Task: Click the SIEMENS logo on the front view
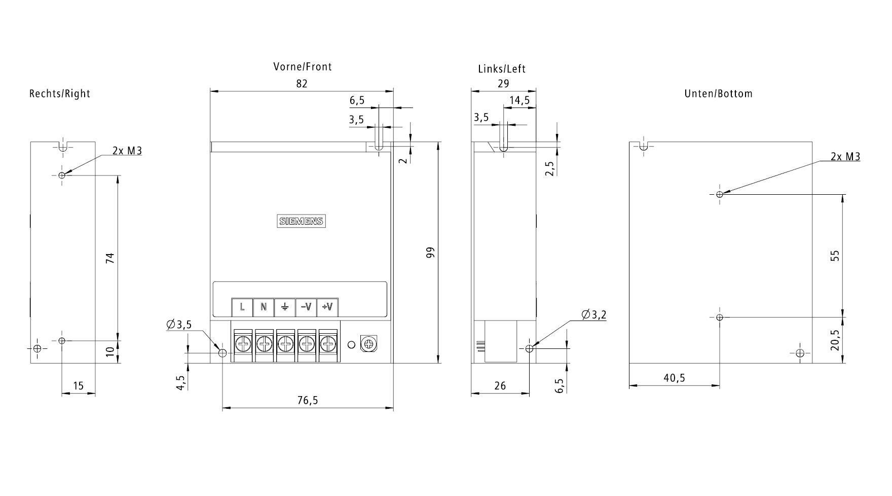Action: click(301, 221)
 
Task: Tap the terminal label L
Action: click(242, 307)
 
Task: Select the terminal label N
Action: click(264, 307)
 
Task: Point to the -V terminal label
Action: click(306, 307)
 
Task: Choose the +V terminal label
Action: click(328, 307)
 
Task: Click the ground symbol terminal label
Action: click(285, 307)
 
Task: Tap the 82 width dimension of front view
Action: click(302, 84)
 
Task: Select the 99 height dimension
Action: click(431, 253)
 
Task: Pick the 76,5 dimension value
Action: click(308, 401)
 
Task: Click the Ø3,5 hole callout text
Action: click(179, 325)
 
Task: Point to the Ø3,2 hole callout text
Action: click(594, 315)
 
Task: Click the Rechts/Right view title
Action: click(60, 94)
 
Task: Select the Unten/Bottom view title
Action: click(718, 94)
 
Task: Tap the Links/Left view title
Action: click(502, 69)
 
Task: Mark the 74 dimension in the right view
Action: click(110, 258)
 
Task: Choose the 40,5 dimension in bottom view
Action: click(674, 378)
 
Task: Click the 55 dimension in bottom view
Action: click(835, 256)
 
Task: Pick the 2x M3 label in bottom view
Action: click(845, 157)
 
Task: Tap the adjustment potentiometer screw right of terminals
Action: click(368, 345)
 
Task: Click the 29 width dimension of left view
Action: click(503, 84)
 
